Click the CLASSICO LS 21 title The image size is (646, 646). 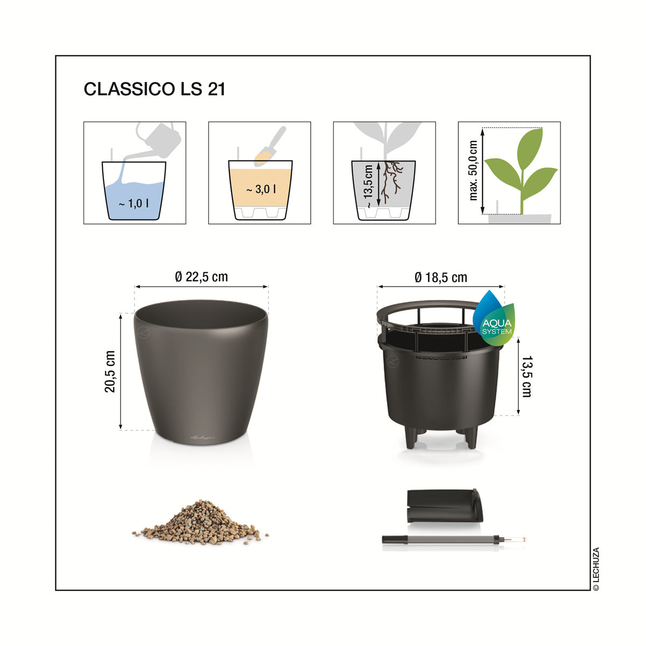[154, 89]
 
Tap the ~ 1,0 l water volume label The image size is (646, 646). [134, 203]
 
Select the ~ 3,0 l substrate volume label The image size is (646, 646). [261, 189]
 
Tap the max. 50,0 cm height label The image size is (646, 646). [473, 171]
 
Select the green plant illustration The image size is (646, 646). [521, 171]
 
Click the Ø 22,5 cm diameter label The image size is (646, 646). [201, 277]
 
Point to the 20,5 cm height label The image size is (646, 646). [110, 371]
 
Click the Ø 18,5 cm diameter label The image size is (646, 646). [441, 278]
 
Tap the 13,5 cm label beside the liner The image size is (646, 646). [526, 377]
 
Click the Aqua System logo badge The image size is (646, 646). [494, 319]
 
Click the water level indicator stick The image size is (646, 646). [454, 539]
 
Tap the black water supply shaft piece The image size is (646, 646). [445, 505]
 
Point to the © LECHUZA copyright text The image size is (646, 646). [596, 569]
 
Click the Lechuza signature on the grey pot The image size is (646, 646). [202, 437]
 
